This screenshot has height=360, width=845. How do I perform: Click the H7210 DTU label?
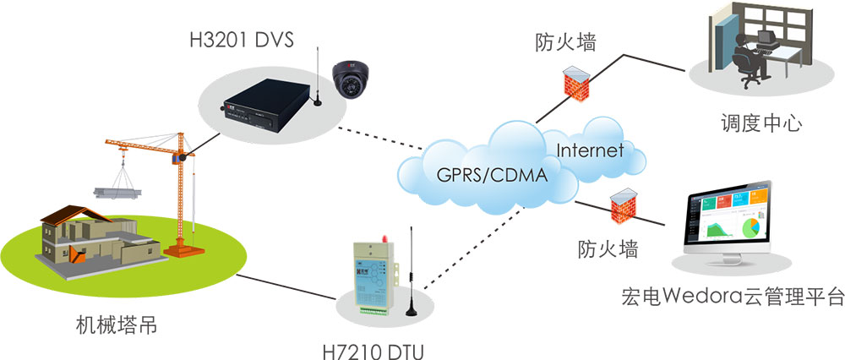coord(371,348)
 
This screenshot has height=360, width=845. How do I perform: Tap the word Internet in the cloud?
coord(590,151)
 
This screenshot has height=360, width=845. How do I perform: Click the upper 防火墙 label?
coord(564,41)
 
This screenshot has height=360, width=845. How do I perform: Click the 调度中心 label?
coord(756,124)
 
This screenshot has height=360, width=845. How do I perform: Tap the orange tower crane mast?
coord(179,194)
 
